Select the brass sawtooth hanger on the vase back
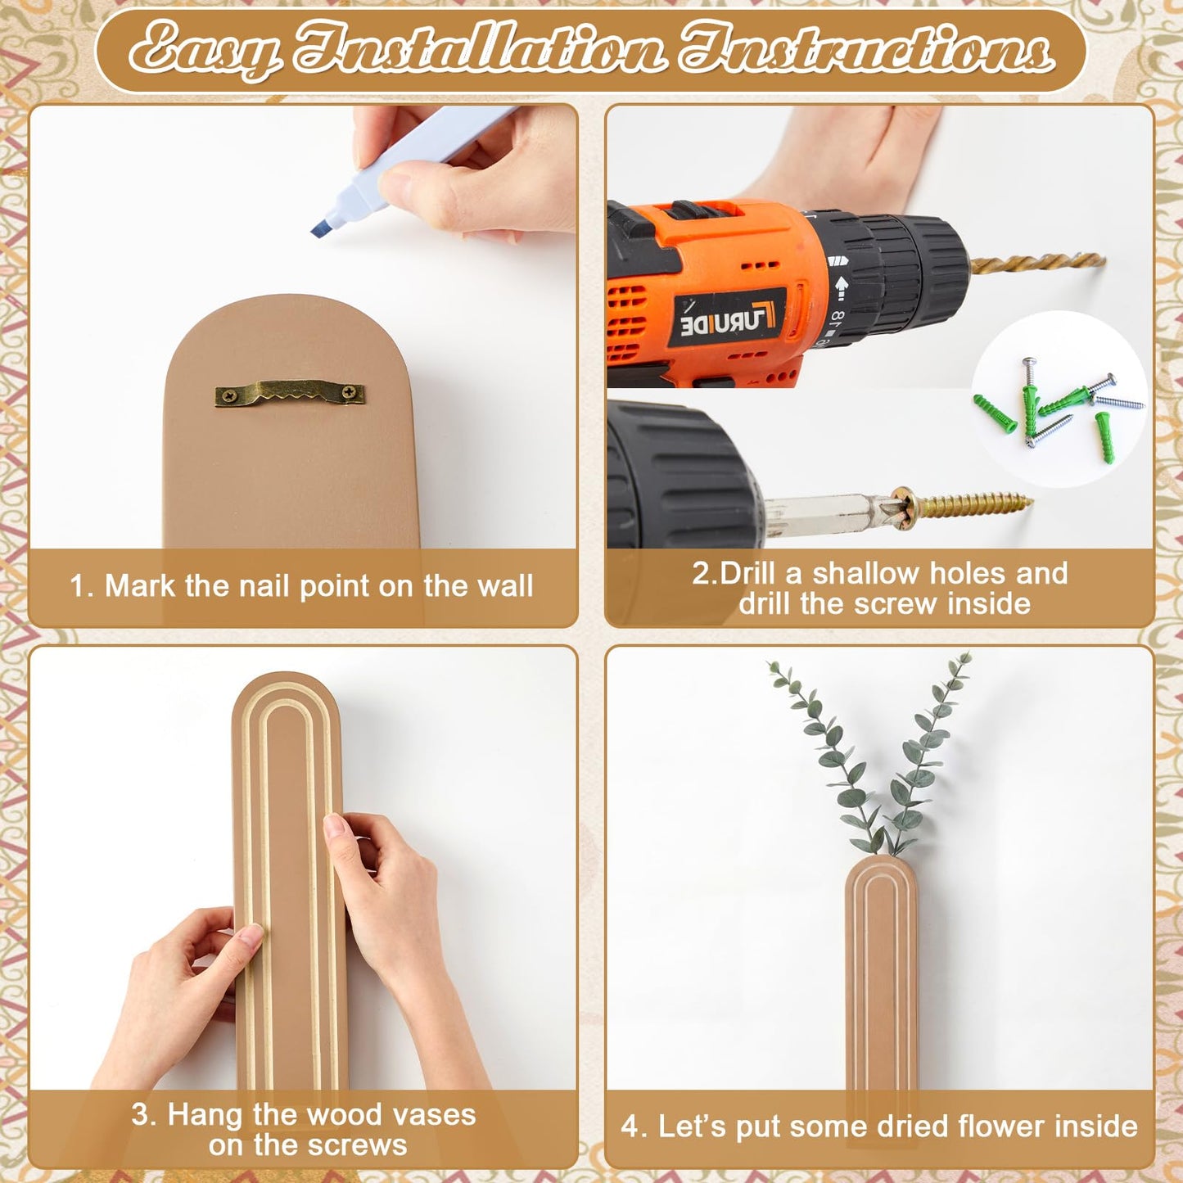(289, 393)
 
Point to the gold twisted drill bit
(1037, 264)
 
